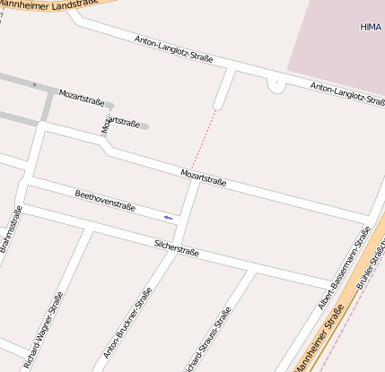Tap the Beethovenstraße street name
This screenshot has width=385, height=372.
point(105,200)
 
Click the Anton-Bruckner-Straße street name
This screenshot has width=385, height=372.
point(127,323)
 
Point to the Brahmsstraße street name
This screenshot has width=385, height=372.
point(11,230)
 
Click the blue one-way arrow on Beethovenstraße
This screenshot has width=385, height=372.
point(167,217)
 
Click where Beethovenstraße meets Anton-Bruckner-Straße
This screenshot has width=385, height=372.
point(186,221)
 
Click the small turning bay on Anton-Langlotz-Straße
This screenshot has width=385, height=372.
point(276,85)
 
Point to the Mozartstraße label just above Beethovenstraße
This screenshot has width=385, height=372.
point(203,177)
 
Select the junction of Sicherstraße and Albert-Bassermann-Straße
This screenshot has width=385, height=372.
point(334,287)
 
